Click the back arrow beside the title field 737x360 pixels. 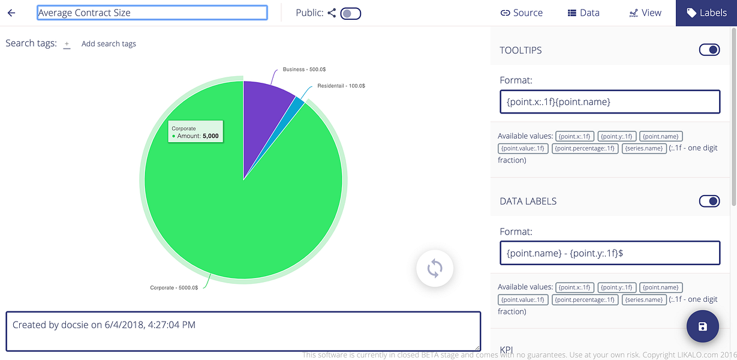click(11, 13)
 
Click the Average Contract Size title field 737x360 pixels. click(152, 13)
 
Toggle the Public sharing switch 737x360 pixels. click(350, 13)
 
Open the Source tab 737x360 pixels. click(522, 13)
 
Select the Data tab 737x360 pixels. click(583, 13)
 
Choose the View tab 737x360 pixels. click(645, 13)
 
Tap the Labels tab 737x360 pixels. click(706, 13)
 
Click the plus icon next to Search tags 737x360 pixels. click(67, 44)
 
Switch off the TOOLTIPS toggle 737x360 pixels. click(709, 50)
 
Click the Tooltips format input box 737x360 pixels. click(610, 101)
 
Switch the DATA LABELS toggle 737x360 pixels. click(709, 201)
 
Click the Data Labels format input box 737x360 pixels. click(610, 253)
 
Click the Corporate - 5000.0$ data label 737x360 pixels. click(174, 287)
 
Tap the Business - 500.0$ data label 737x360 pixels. click(305, 70)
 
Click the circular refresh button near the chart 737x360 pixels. click(435, 268)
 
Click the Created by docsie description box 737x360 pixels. click(243, 331)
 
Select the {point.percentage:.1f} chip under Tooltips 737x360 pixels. click(585, 148)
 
